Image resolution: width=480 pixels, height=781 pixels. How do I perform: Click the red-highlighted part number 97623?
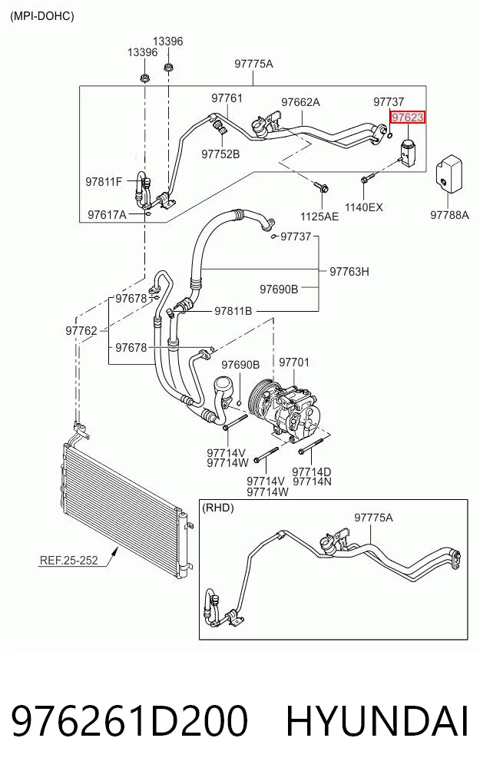(x=408, y=117)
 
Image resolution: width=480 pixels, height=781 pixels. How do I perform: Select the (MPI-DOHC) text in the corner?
(x=41, y=16)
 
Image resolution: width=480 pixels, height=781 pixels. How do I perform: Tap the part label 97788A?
(x=449, y=215)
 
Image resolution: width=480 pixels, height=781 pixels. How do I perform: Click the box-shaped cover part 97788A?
(x=449, y=174)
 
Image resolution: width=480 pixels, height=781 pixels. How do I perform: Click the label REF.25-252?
(x=68, y=561)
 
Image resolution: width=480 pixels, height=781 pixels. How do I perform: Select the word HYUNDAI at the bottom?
(x=377, y=721)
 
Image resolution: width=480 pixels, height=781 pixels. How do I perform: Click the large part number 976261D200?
(x=129, y=721)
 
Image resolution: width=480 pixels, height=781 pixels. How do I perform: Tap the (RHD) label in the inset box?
(x=217, y=508)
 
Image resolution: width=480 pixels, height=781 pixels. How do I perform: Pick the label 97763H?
(x=349, y=271)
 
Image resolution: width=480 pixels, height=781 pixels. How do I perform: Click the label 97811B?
(x=233, y=311)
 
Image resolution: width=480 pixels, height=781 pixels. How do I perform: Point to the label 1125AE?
(x=319, y=216)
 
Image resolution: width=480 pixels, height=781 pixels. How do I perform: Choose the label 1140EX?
(x=364, y=207)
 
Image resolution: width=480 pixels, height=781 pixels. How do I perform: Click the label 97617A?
(x=107, y=215)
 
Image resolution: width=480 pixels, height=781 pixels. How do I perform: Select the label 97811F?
(x=104, y=182)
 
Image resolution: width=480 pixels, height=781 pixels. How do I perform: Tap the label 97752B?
(x=220, y=154)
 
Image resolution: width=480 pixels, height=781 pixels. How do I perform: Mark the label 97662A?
(x=301, y=102)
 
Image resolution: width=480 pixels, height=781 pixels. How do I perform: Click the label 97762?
(x=81, y=331)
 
